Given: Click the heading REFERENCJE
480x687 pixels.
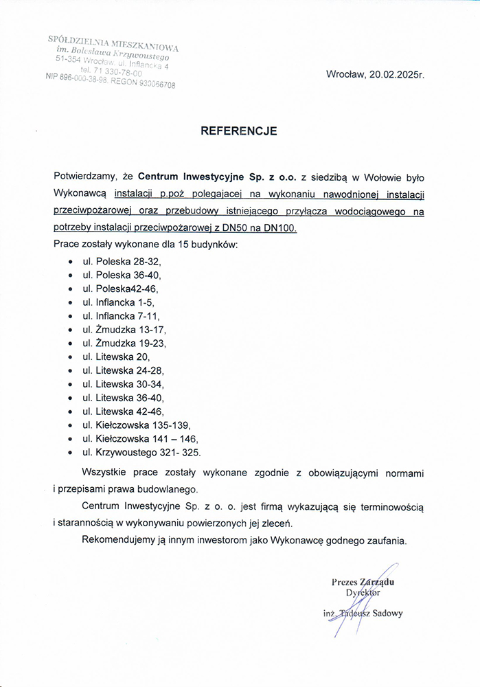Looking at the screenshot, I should pyautogui.click(x=238, y=131).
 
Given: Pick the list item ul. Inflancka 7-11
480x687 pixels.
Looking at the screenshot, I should pyautogui.click(x=120, y=316).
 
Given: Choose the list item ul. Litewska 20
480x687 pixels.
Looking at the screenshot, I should pyautogui.click(x=115, y=357).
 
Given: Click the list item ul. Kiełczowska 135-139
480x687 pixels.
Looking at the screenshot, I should pyautogui.click(x=136, y=425).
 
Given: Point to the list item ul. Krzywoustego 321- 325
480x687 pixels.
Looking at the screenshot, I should pyautogui.click(x=141, y=452).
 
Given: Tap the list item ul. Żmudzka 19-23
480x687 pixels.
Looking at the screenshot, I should pyautogui.click(x=124, y=343).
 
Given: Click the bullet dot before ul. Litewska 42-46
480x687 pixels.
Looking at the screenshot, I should pyautogui.click(x=71, y=412).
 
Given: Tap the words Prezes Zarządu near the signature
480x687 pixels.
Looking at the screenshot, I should pyautogui.click(x=367, y=582).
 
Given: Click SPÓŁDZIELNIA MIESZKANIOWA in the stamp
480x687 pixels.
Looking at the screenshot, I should pyautogui.click(x=114, y=43).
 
